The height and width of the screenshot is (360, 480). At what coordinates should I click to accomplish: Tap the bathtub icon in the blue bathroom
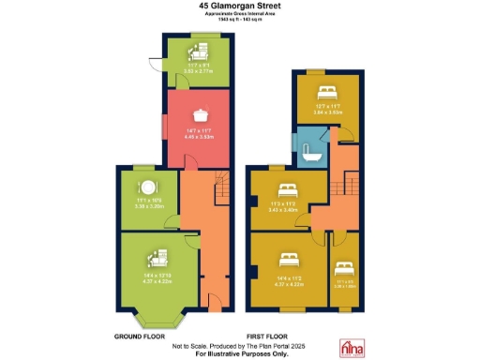(x=309, y=152)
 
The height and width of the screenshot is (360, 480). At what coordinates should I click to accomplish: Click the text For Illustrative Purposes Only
(x=239, y=353)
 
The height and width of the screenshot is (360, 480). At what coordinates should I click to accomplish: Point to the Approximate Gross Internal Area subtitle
(x=239, y=15)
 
